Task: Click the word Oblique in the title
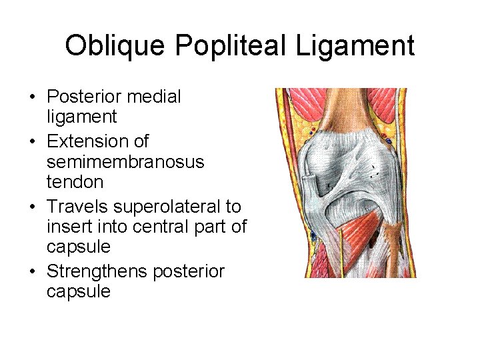115,46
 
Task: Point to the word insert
69,227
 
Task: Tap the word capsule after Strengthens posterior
79,291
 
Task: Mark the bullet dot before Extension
32,142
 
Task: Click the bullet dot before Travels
32,207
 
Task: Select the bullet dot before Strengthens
32,272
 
